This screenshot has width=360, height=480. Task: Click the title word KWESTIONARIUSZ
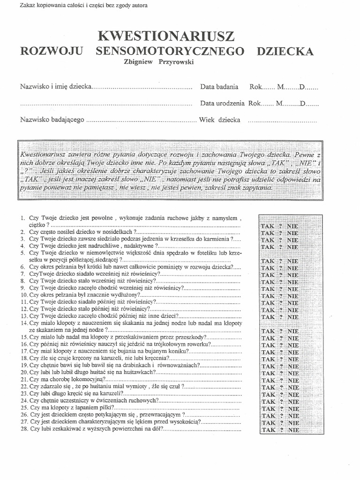pos(166,36)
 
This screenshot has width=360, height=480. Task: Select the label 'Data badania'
pos(219,87)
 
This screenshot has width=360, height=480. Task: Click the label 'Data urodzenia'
pos(222,103)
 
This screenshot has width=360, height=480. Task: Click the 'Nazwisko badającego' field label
pos(52,120)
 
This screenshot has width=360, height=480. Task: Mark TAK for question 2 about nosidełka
pos(268,233)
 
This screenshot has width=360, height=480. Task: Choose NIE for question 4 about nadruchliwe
pos(292,247)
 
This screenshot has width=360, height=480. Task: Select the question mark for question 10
pos(280,296)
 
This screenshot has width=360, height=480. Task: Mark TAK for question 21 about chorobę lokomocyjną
pos(268,380)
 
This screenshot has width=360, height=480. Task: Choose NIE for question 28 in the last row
pos(293,429)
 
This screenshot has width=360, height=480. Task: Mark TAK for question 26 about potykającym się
pos(268,415)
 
